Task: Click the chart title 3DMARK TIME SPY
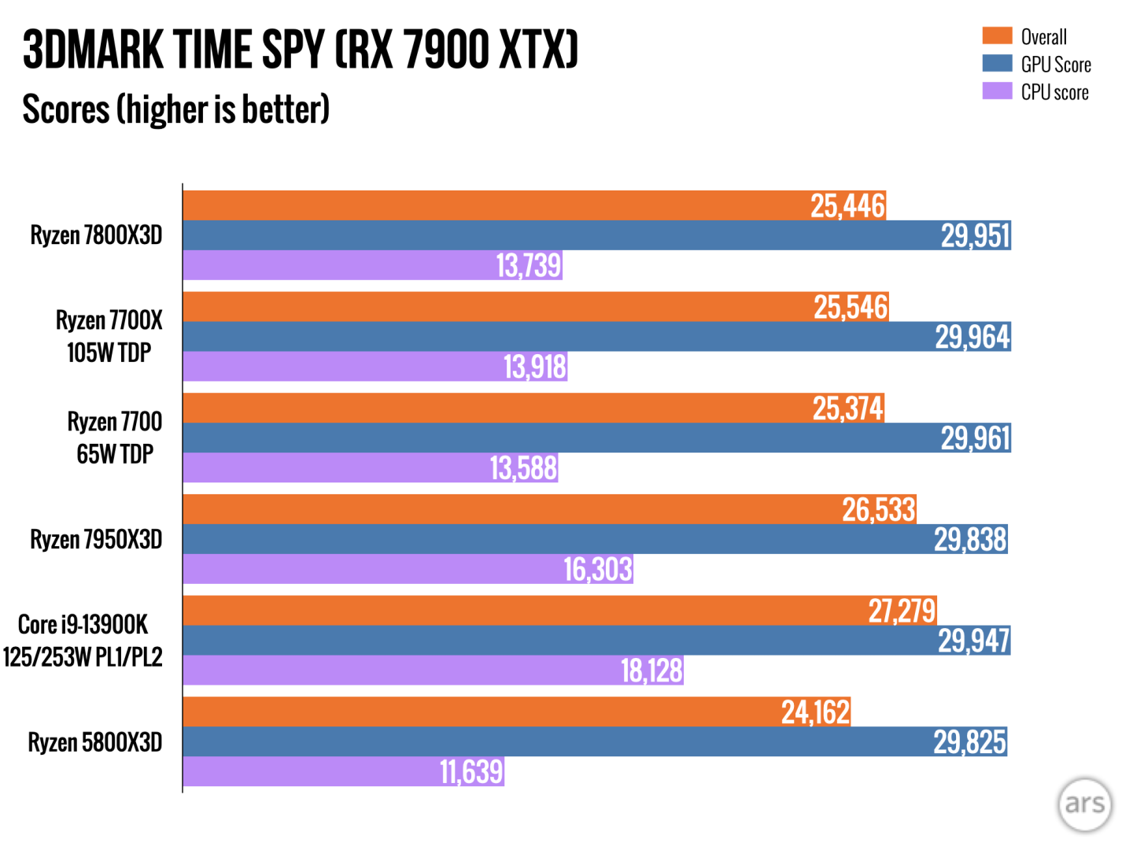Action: pyautogui.click(x=300, y=50)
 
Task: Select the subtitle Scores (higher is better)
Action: pyautogui.click(x=175, y=109)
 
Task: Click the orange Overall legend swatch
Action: pyautogui.click(x=997, y=36)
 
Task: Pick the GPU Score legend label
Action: pyautogui.click(x=1055, y=65)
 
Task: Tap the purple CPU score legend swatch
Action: pyautogui.click(x=997, y=91)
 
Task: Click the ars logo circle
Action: pyautogui.click(x=1084, y=804)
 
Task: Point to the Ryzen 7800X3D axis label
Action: pyautogui.click(x=96, y=235)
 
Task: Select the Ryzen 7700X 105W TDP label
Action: pyautogui.click(x=109, y=336)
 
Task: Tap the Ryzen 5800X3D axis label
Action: pyautogui.click(x=95, y=742)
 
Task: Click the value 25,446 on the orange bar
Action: pyautogui.click(x=847, y=205)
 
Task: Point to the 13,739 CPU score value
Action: pyautogui.click(x=528, y=266)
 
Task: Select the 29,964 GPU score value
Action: pyautogui.click(x=972, y=337)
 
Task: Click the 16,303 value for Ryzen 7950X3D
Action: pyautogui.click(x=597, y=569)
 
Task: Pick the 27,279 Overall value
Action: pyautogui.click(x=902, y=611)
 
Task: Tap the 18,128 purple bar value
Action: pyautogui.click(x=651, y=671)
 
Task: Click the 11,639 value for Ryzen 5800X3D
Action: pyautogui.click(x=471, y=772)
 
